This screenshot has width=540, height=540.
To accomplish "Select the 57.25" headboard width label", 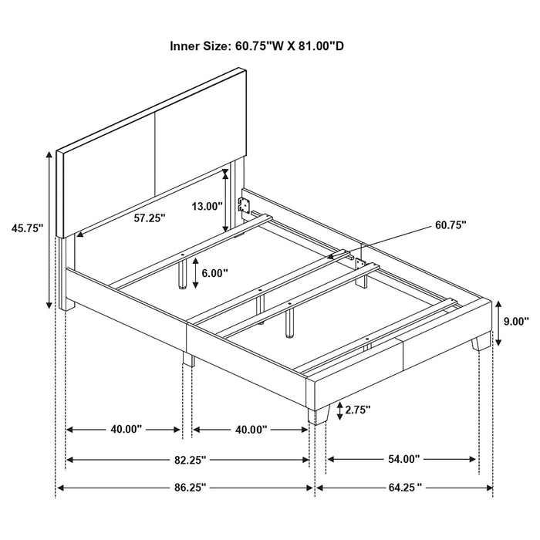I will click(149, 218).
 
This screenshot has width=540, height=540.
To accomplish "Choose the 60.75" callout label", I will click(451, 225).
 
